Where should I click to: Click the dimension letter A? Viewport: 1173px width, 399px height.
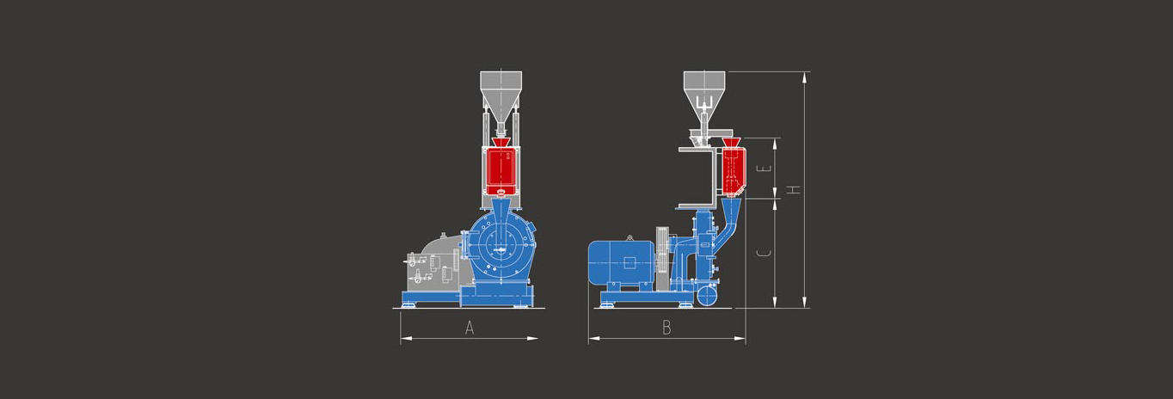click(x=470, y=328)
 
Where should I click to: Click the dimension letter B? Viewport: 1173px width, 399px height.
click(x=666, y=328)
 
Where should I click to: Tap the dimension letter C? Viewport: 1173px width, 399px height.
click(x=765, y=254)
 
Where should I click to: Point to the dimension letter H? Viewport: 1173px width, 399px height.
click(x=795, y=189)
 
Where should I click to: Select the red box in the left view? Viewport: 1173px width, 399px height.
click(x=501, y=172)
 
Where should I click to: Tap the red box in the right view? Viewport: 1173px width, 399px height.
click(x=734, y=170)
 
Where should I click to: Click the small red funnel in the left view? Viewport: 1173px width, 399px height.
click(x=501, y=143)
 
